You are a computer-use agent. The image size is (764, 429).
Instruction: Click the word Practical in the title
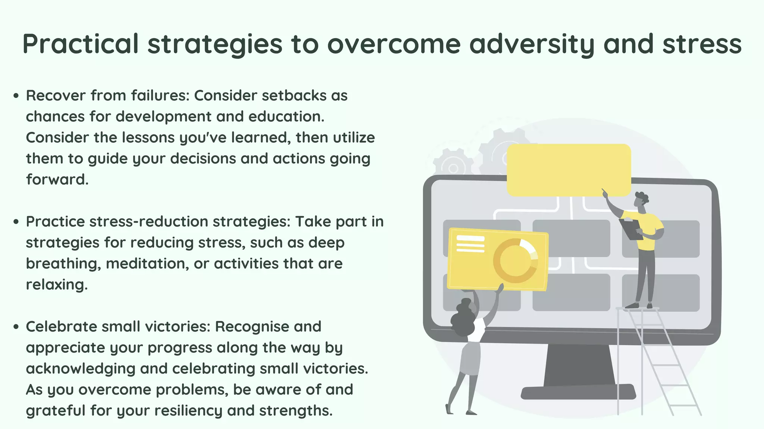pyautogui.click(x=81, y=44)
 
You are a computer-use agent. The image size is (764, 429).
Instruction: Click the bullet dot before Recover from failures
pyautogui.click(x=16, y=96)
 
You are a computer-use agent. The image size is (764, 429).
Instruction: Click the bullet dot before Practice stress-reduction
pyautogui.click(x=16, y=222)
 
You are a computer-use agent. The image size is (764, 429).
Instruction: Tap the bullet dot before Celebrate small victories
pyautogui.click(x=16, y=327)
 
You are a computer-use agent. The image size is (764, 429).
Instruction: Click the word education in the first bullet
pyautogui.click(x=286, y=117)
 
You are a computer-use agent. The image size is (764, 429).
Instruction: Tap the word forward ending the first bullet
pyautogui.click(x=57, y=180)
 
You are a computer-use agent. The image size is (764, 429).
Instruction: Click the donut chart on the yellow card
pyautogui.click(x=515, y=261)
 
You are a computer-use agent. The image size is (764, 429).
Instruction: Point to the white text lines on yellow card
pyautogui.click(x=470, y=244)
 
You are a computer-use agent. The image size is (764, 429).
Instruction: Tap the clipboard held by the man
pyautogui.click(x=630, y=229)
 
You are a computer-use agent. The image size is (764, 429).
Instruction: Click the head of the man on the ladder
pyautogui.click(x=641, y=201)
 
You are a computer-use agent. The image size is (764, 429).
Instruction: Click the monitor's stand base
pyautogui.click(x=578, y=392)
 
